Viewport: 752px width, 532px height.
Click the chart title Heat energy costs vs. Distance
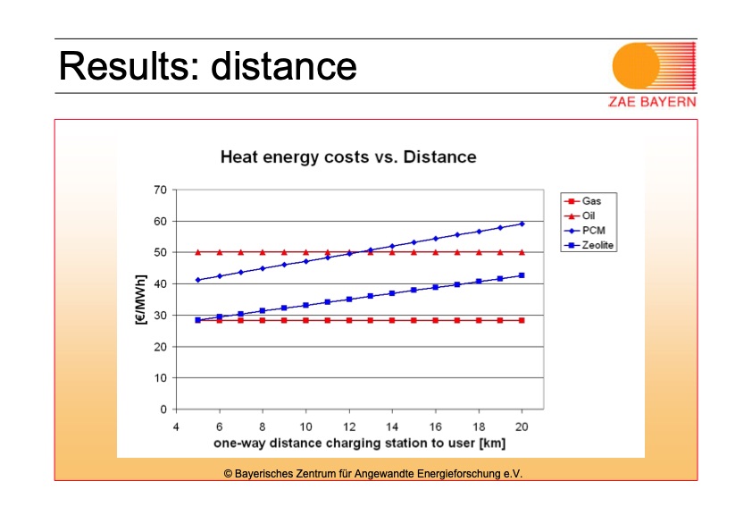click(x=348, y=157)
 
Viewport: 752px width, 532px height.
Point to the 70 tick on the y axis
click(x=161, y=190)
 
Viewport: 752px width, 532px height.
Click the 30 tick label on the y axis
click(x=161, y=316)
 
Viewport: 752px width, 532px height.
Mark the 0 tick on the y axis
click(x=163, y=410)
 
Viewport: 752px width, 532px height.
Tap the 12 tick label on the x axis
click(x=349, y=426)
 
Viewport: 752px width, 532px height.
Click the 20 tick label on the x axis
click(x=522, y=426)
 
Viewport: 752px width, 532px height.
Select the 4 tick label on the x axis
click(x=176, y=426)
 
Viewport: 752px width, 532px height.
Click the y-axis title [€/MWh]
click(x=140, y=300)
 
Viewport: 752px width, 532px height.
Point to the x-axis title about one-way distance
click(x=348, y=443)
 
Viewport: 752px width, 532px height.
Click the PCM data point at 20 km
click(x=522, y=224)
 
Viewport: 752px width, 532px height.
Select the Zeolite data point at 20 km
click(x=522, y=275)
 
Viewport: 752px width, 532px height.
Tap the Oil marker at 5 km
click(x=197, y=252)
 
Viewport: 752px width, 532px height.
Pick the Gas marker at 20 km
click(x=522, y=320)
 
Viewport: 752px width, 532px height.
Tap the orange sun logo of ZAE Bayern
click(x=636, y=66)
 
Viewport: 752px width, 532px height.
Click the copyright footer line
click(x=372, y=473)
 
